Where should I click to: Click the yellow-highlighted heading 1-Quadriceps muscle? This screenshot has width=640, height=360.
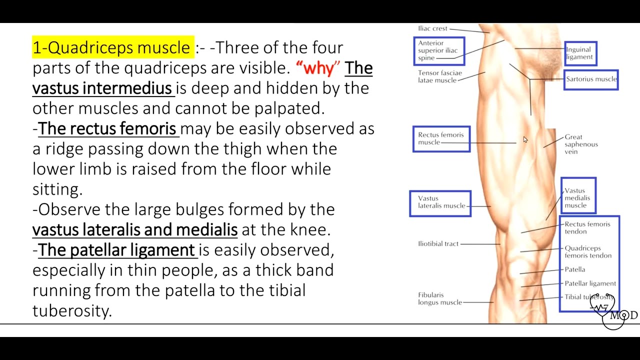tap(112, 47)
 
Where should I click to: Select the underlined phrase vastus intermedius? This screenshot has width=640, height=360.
tap(102, 88)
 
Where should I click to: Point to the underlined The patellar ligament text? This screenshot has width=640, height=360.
tap(116, 250)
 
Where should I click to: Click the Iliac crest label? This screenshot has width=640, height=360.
tap(432, 28)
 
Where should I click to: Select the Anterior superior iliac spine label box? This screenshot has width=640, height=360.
tap(439, 51)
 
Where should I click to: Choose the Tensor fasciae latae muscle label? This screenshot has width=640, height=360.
tap(440, 76)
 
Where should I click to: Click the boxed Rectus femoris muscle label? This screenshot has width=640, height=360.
tap(441, 138)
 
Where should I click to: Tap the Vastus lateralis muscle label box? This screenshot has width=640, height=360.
tap(440, 202)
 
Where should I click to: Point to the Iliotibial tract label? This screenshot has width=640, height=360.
tap(438, 244)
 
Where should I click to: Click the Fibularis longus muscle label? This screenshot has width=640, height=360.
tap(440, 298)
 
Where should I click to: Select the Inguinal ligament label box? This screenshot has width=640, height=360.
tap(580, 53)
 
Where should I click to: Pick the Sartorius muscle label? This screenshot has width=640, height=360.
tap(591, 79)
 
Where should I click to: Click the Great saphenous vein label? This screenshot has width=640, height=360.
tap(581, 144)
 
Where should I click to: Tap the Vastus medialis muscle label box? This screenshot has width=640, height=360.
tap(578, 198)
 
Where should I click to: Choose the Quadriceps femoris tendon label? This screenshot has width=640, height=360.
tap(588, 251)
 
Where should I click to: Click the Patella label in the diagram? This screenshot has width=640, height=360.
tap(574, 269)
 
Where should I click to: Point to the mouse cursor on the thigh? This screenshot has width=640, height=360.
tap(525, 139)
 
